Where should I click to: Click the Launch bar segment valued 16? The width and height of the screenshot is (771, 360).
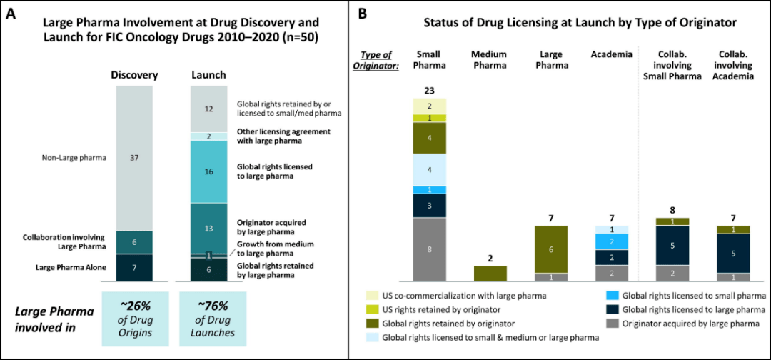[x=208, y=171]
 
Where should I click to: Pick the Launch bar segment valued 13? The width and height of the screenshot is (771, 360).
[x=208, y=228]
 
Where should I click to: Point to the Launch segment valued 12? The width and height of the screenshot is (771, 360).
[x=208, y=109]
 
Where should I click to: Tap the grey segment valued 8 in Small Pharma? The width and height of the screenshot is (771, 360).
[x=429, y=249]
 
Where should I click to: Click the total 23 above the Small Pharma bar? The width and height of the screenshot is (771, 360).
[x=429, y=91]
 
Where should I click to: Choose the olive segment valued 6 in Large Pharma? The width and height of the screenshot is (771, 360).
[x=550, y=249]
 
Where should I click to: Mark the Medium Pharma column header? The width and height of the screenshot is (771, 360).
[x=490, y=60]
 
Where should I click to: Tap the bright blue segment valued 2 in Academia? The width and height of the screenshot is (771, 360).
[x=611, y=241]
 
